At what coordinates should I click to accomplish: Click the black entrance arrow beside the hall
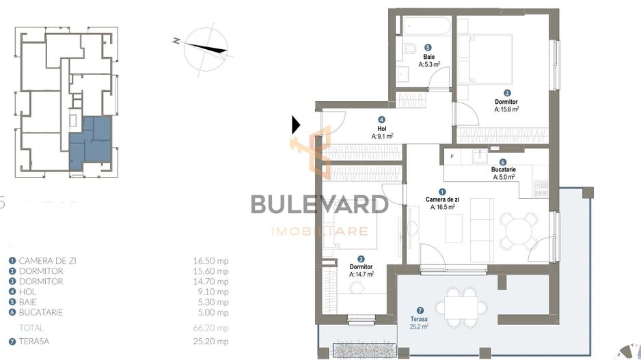pos(296,124)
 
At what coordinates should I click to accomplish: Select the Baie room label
pos(428,57)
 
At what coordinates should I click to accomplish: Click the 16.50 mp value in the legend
pos(211,260)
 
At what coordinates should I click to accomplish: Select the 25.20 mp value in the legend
pos(211,342)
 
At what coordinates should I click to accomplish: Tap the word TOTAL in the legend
pos(32,328)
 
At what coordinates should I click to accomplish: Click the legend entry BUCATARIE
pos(42,312)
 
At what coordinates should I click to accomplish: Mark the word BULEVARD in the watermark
pos(319,204)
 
